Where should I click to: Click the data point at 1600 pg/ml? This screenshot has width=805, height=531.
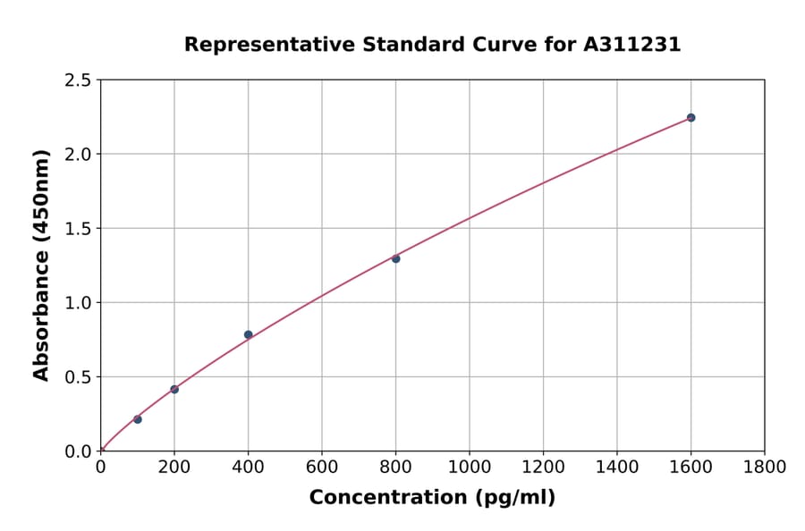coord(691,117)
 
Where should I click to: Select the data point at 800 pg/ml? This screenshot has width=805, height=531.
coord(395,258)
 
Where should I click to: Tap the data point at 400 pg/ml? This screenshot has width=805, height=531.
coord(248,334)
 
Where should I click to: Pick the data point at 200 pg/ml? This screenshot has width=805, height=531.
coord(174,389)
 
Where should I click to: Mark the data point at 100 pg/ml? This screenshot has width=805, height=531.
coord(137,419)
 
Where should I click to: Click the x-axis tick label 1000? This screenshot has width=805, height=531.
coord(469,467)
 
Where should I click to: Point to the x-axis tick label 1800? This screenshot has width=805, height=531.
coord(764,467)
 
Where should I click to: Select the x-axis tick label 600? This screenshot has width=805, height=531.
coord(322,467)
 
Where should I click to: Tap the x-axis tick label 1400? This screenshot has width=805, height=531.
coord(616,467)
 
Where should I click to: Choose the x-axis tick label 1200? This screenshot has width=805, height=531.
coord(543,467)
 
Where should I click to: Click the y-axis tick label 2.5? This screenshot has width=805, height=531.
coord(79,80)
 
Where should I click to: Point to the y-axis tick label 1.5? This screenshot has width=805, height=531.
coord(79,229)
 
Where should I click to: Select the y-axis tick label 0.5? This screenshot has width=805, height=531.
coord(79,377)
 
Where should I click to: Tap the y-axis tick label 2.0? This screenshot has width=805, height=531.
coord(79,155)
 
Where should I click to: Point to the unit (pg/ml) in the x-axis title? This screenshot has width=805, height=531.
coord(514,497)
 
